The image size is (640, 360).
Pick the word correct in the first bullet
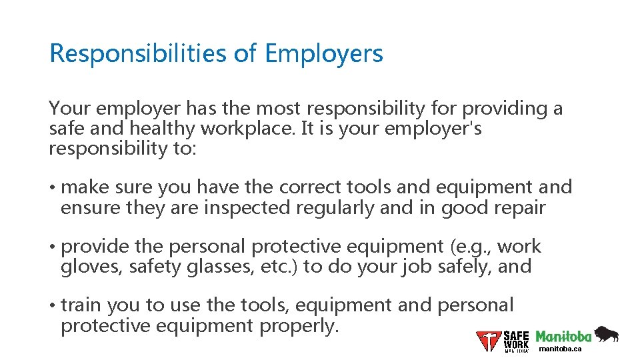tap(311, 187)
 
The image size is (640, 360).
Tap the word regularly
tap(334, 208)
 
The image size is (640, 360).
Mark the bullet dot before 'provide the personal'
tap(52, 247)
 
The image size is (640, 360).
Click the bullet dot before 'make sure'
tap(52, 187)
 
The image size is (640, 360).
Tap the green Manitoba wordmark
tap(563, 336)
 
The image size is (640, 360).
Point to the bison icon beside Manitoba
tap(606, 333)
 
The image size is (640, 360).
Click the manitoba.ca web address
tap(560, 349)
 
